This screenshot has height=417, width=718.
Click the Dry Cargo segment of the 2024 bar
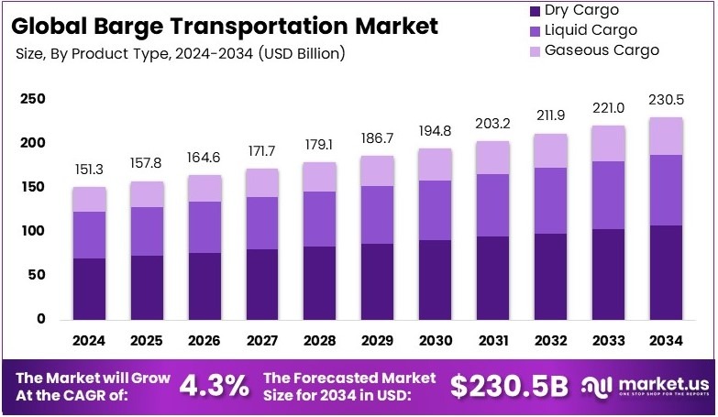[x=90, y=289]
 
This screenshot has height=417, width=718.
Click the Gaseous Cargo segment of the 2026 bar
[x=204, y=188]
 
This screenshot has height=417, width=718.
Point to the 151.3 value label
[x=90, y=169]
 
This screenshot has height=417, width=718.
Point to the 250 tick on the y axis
[x=33, y=99]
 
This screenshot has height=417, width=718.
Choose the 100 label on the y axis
[x=33, y=231]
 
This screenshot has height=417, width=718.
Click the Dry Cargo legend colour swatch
[x=534, y=11]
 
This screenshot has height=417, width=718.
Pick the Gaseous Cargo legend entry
[x=602, y=49]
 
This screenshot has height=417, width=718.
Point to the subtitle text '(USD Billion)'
[x=302, y=53]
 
